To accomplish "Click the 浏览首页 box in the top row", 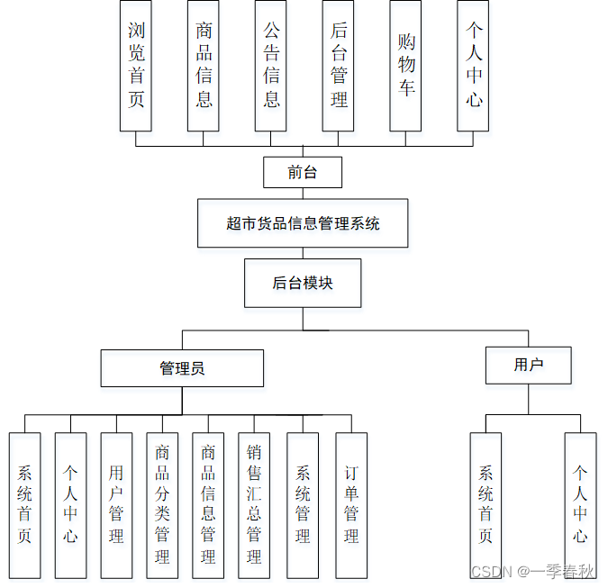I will coord(136,66).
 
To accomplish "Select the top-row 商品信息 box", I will coord(204,66).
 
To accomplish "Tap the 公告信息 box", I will coord(271,66).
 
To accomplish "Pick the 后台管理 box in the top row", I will coord(339,66).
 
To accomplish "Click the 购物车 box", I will coord(406,66).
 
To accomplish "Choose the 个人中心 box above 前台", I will coord(474,66).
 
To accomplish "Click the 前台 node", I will coord(303,172).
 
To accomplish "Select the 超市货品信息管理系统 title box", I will coord(303,223).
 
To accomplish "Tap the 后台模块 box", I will coord(303,283).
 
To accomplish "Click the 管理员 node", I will coord(182,368).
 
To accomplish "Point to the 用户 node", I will coord(529,365).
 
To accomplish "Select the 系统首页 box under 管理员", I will coord(24,505).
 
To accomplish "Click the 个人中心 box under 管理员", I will coord(70,505).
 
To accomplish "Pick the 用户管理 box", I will coord(116,505).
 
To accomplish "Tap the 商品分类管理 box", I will coord(162,505).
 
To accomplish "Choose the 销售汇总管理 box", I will coord(254,505).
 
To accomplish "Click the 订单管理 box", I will coord(351,505).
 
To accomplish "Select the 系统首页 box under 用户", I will coord(485,505).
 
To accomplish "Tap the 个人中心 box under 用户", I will coord(580,505).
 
